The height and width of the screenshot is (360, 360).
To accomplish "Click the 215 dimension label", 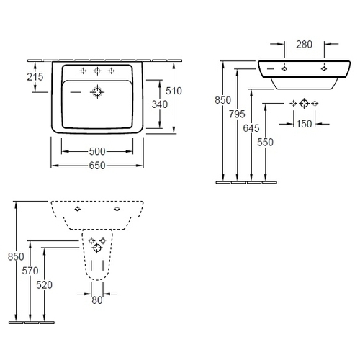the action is point(35,77).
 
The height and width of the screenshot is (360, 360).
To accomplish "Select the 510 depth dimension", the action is point(174,91).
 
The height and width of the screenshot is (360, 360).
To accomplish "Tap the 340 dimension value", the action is point(160,104).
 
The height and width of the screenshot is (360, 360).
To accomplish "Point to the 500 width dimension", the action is point(97,151).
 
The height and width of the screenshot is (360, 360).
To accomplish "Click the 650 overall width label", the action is point(97,166).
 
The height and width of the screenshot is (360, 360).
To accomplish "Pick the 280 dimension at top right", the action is point(304,45).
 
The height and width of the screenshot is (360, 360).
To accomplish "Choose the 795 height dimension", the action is point(237,114).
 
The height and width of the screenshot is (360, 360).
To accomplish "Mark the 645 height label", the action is point(251,128).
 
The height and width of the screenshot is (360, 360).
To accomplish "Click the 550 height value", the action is point(265,143).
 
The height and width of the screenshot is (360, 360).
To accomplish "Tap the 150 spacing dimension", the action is point(304,124).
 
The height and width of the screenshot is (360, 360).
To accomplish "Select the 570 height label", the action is point(30,271).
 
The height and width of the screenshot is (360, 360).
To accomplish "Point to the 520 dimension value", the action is point(45,285).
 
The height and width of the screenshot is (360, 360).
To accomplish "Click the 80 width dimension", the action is point(97,300).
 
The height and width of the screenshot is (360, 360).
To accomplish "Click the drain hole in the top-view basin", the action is point(97,92).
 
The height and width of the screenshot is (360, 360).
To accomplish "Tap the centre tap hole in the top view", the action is point(97,71).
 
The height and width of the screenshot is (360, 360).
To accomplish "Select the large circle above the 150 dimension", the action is point(305,104).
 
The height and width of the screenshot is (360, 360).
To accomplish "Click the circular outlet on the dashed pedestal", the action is point(97,248).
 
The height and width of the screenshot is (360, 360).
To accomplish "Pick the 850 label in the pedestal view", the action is point(16,256).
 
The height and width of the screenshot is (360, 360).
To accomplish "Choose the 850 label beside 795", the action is point(222,100).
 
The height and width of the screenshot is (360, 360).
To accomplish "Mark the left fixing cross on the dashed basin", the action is point(77,209).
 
